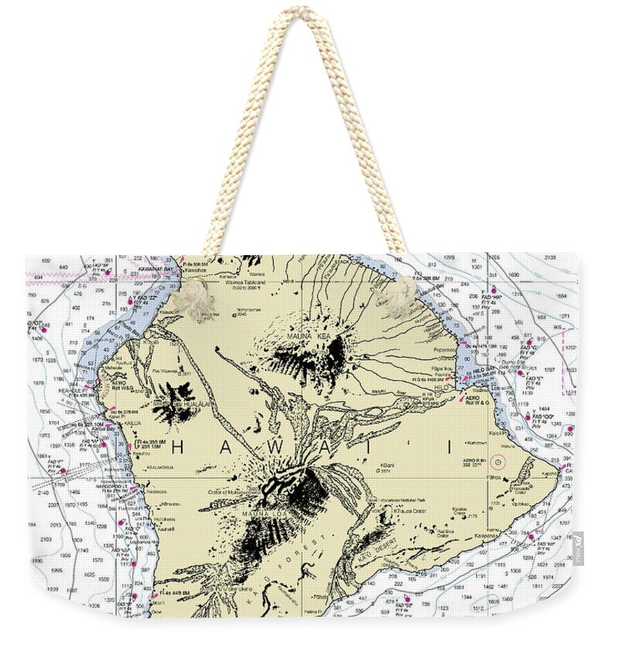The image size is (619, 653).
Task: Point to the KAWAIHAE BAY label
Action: (155, 269)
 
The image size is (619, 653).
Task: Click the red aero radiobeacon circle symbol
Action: (498, 464)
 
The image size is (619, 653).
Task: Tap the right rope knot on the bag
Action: (398, 296)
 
